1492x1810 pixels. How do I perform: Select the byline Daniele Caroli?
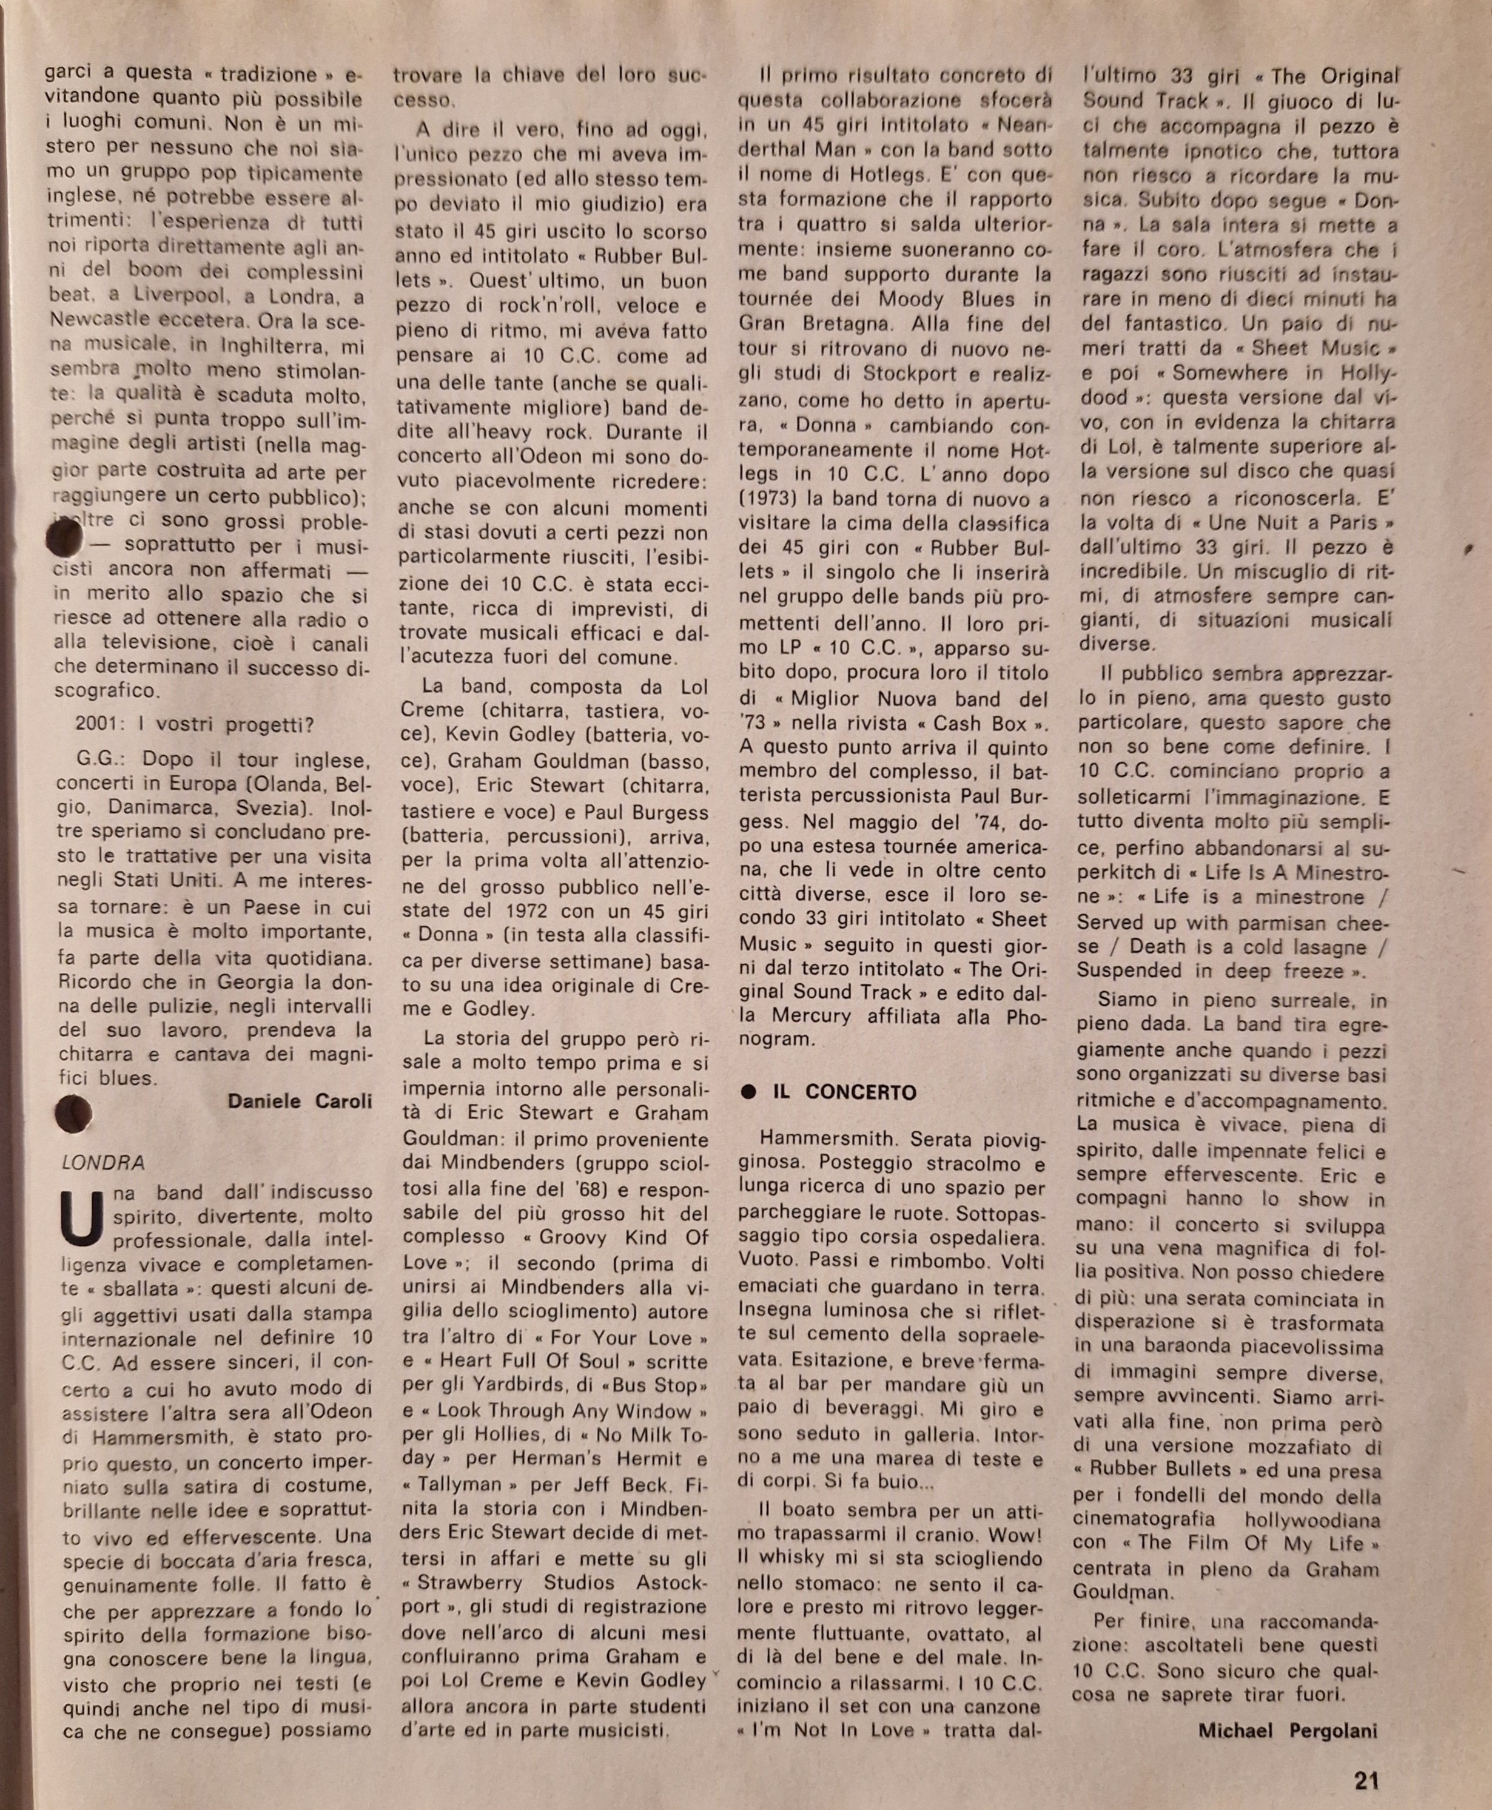point(299,1101)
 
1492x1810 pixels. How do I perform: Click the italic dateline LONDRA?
point(103,1163)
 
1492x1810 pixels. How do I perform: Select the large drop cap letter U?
point(82,1218)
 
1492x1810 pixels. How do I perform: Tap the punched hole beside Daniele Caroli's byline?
point(73,1115)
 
